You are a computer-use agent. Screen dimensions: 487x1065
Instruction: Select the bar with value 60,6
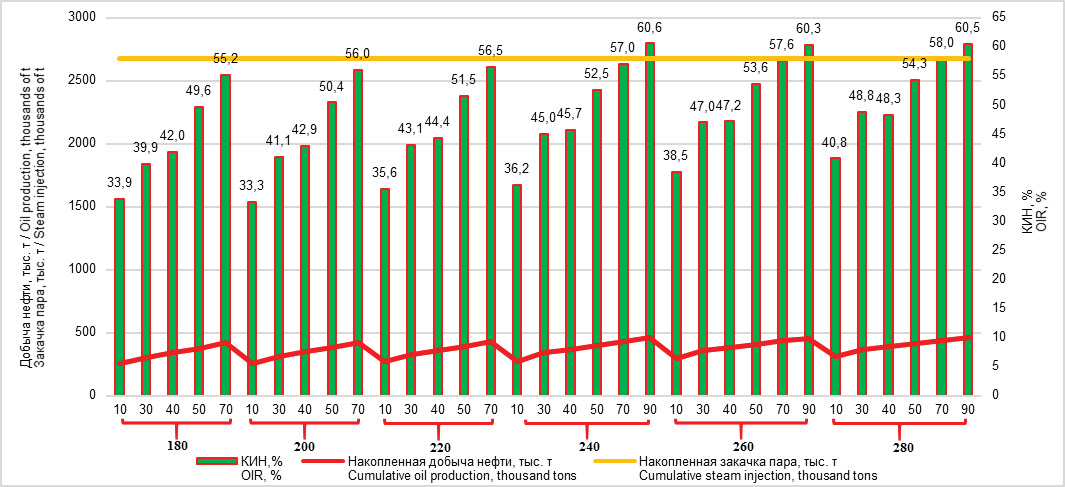tap(650, 219)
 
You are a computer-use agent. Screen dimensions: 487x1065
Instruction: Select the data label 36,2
tap(517, 171)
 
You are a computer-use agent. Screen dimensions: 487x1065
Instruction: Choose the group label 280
tap(903, 448)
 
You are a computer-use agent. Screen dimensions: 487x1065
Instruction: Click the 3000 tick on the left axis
tap(82, 18)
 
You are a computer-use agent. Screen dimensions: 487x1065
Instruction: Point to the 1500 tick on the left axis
tap(82, 207)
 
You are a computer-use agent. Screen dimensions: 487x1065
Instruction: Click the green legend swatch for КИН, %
tap(215, 462)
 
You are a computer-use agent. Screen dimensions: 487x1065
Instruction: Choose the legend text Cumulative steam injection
tap(757, 476)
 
